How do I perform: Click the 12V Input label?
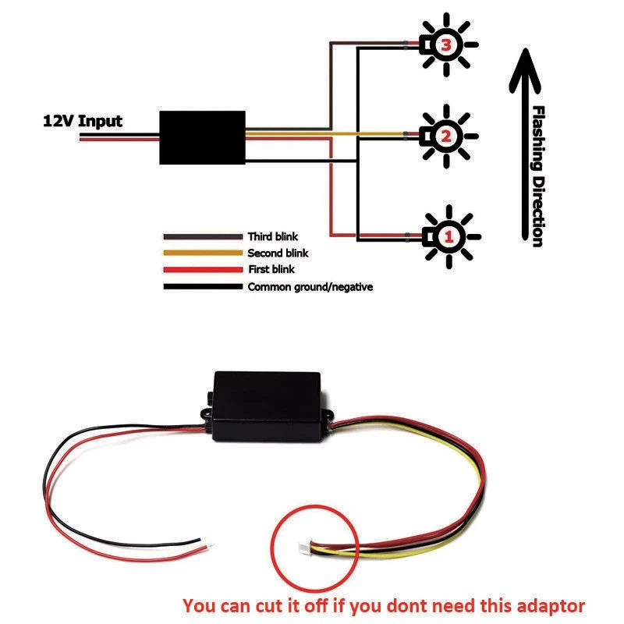(x=82, y=121)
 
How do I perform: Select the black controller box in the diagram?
(x=202, y=137)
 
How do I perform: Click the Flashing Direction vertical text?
(x=536, y=175)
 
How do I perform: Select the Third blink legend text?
(x=272, y=236)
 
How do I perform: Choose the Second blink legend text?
(x=278, y=253)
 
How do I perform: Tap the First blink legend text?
(x=272, y=269)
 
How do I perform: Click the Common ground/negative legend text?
(x=310, y=286)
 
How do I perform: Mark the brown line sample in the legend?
(x=202, y=236)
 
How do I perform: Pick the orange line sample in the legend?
(x=202, y=253)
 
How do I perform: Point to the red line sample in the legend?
(x=202, y=269)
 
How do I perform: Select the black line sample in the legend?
(x=202, y=286)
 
